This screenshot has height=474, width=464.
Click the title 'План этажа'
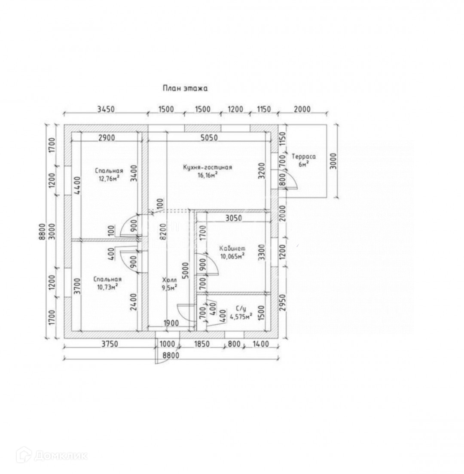(x=185, y=89)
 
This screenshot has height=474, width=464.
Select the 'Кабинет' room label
(x=232, y=249)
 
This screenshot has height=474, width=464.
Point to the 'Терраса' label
(x=303, y=156)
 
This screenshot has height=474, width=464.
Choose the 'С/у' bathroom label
(x=241, y=308)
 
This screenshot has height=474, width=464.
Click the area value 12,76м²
(x=107, y=179)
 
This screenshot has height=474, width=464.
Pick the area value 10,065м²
(x=232, y=256)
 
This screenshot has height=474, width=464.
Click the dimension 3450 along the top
(x=105, y=109)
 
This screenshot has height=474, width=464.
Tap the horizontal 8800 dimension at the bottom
(x=171, y=355)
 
